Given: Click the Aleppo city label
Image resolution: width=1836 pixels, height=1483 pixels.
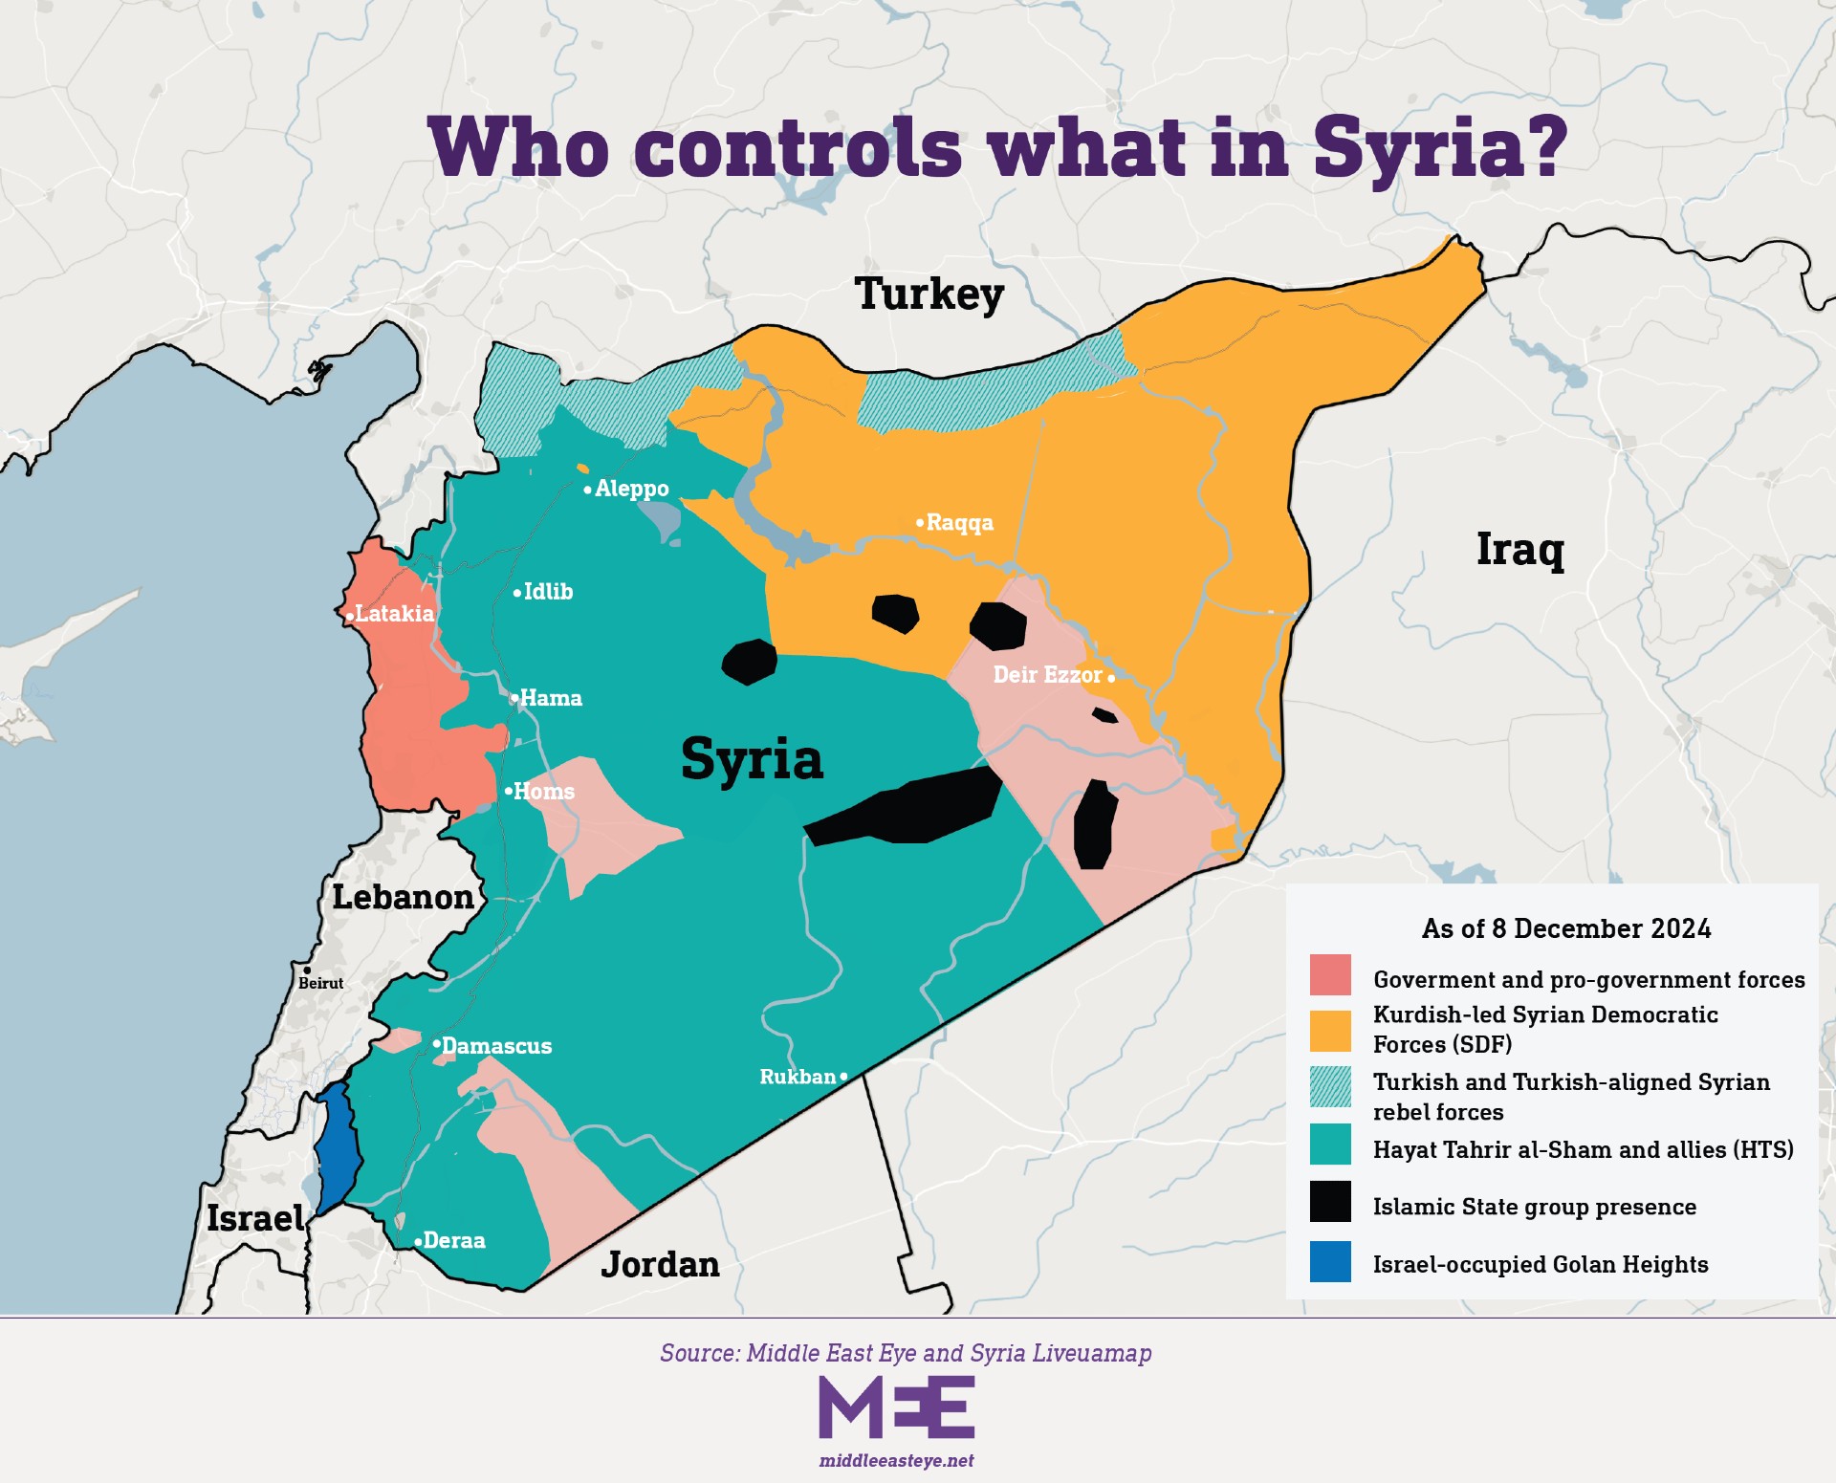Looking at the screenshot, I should click(x=631, y=489).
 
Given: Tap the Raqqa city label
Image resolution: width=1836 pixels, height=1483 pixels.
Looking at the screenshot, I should click(x=959, y=523).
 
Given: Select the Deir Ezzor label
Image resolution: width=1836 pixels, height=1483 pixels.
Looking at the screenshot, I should click(x=1048, y=675).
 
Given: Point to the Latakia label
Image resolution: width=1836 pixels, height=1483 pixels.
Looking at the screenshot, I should click(x=394, y=614).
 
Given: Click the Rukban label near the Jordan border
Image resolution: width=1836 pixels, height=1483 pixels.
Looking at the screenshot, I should click(x=798, y=1078).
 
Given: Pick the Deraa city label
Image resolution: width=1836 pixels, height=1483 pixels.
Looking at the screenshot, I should click(x=453, y=1241).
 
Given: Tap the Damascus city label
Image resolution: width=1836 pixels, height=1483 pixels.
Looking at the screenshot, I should click(x=496, y=1046).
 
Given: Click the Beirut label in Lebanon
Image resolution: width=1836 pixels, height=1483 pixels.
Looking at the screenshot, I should click(x=320, y=983).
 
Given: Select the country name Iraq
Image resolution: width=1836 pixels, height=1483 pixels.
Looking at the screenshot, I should click(x=1519, y=551).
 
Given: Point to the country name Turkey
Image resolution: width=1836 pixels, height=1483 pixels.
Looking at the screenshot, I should click(x=929, y=294).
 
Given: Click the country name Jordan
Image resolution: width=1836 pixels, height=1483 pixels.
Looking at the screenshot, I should click(x=660, y=1265).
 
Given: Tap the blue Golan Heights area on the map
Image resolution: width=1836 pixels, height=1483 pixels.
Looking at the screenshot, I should click(x=337, y=1147).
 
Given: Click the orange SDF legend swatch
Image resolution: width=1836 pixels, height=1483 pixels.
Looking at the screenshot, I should click(x=1330, y=1031).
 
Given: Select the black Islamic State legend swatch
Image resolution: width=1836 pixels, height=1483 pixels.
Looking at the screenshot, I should click(x=1330, y=1202).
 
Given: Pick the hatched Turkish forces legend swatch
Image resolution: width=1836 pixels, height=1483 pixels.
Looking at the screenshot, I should click(x=1330, y=1087).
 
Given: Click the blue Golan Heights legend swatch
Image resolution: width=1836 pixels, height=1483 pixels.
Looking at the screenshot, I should click(x=1330, y=1261).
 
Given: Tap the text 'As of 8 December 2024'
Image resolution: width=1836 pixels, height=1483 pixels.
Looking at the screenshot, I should click(x=1565, y=929).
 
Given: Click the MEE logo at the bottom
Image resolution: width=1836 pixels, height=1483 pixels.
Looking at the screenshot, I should click(x=896, y=1408).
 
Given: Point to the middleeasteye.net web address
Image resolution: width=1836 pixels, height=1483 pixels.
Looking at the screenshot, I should click(x=896, y=1461).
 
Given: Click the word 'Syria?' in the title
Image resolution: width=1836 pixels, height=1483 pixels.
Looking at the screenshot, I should click(x=1439, y=148).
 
